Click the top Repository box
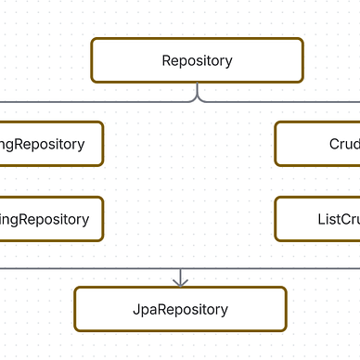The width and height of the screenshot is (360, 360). (197, 61)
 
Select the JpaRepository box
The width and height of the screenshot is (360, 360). (180, 309)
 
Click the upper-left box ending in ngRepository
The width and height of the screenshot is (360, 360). (51, 144)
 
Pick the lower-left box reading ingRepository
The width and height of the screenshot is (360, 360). (51, 219)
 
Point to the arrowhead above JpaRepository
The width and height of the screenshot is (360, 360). (180, 279)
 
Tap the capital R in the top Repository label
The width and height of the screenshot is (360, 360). (166, 61)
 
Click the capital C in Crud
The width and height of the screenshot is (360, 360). (334, 144)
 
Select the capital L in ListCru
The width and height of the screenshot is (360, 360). (320, 219)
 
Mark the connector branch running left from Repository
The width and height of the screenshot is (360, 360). (93, 100)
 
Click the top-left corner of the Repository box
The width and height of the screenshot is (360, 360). (93, 40)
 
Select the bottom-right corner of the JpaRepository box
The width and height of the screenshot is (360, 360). (285, 329)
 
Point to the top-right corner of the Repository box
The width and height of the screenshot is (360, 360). (302, 40)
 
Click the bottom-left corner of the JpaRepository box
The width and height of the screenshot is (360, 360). (76, 329)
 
